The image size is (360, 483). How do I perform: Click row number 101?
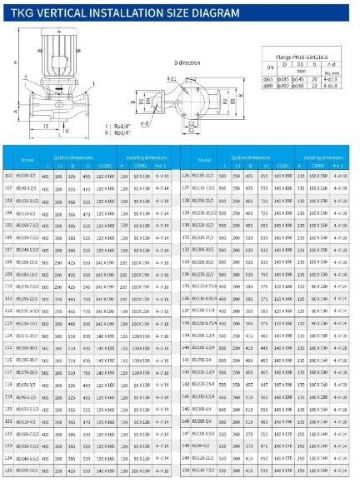pos(9,177)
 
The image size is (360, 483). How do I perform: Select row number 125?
pos(9,471)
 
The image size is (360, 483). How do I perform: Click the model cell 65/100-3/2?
pos(27,177)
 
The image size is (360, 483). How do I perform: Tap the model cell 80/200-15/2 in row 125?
pos(27,471)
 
